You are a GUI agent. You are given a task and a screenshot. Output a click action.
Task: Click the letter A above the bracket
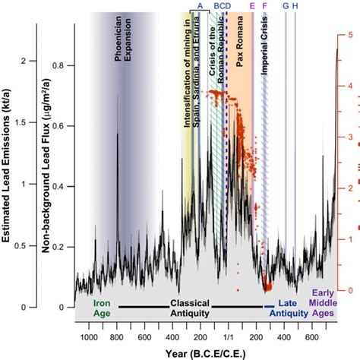pos(200,6)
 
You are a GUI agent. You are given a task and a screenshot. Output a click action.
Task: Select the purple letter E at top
pos(252,6)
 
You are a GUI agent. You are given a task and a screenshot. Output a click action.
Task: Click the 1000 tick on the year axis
pos(88,336)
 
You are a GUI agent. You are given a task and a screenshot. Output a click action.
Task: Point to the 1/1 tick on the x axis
pos(227,336)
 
